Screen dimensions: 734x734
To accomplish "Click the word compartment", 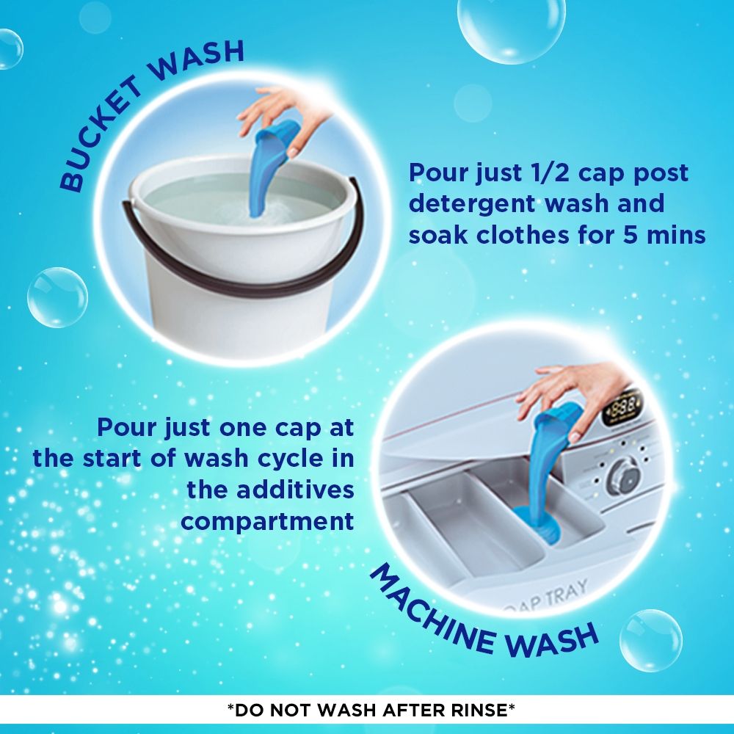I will (x=268, y=521).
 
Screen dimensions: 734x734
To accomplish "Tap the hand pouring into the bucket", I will (x=280, y=110).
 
